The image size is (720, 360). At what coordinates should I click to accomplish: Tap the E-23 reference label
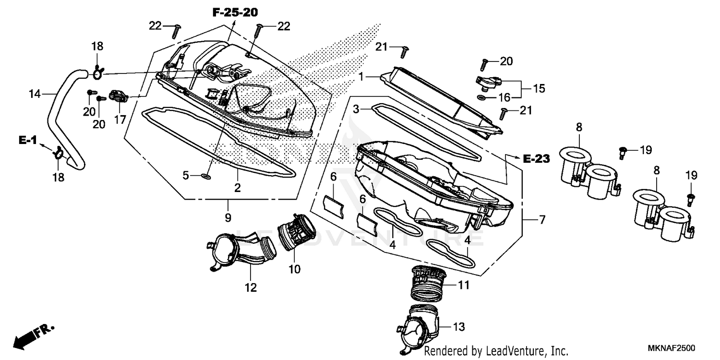tap(536, 159)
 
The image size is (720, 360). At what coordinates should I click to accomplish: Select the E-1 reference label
tap(28, 140)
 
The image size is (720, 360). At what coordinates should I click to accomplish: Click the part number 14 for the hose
tap(35, 94)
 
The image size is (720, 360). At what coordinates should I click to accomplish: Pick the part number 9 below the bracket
tap(228, 217)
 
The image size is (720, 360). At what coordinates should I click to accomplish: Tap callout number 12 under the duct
tap(251, 288)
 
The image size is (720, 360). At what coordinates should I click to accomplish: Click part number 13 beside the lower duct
tap(459, 327)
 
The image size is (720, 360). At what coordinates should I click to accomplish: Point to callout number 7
tap(541, 220)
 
